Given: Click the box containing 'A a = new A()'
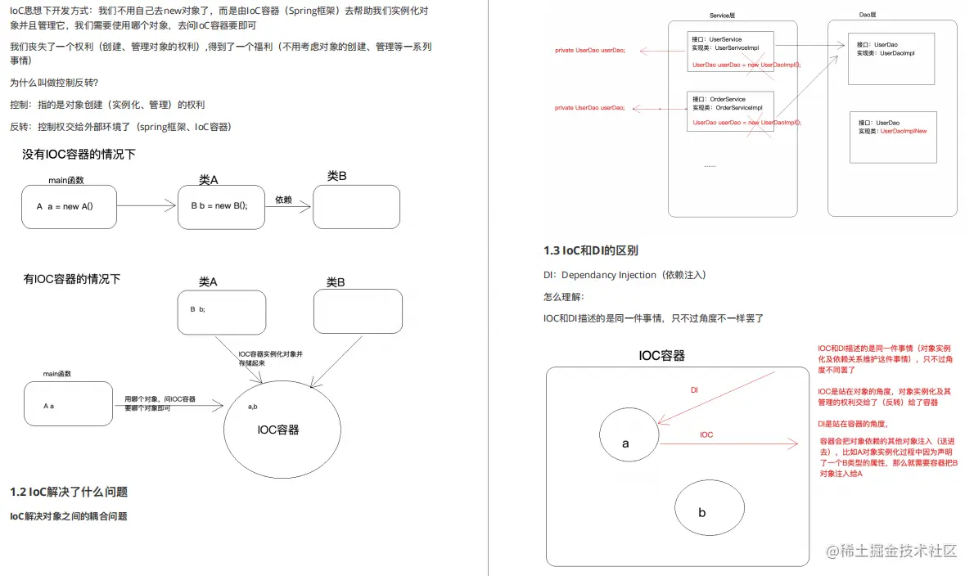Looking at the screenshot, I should point(70,206).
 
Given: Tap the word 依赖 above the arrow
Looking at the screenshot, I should point(283,200).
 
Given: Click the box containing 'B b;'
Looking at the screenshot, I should point(223,312).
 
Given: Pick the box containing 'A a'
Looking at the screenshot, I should point(68,403).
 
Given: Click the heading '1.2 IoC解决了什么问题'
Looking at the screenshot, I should point(69,492).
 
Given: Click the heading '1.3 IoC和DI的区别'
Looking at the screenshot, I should point(591,250).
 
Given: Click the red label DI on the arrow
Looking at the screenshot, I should point(694,391).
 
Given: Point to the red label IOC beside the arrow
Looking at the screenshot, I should point(706,434).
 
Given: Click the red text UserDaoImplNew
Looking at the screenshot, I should point(904,131).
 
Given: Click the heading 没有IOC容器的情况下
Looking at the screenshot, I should point(79,154).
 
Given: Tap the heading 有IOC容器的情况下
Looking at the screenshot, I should point(72,279).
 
